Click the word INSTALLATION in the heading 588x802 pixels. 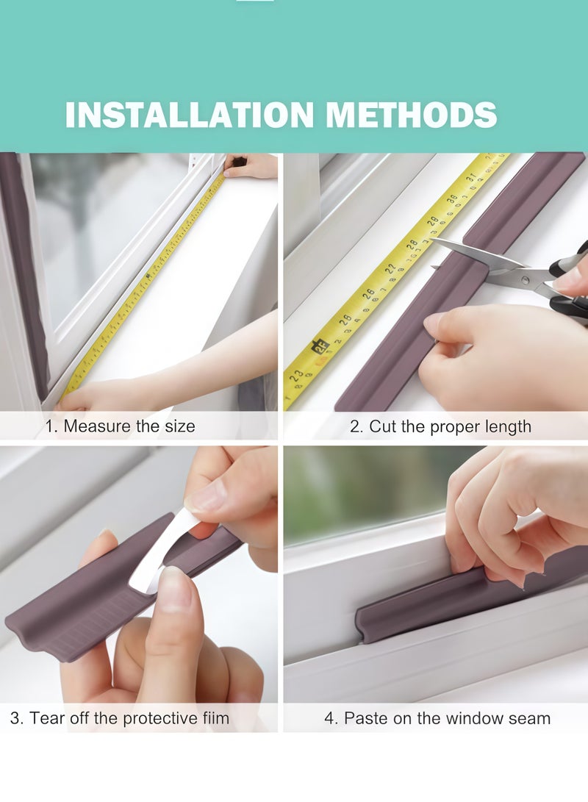click(190, 115)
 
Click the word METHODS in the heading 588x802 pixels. click(412, 115)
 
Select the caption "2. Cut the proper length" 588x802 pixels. click(440, 426)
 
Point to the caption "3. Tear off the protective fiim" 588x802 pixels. click(120, 718)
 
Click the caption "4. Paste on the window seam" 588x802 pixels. click(437, 718)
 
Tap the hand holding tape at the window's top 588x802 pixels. click(254, 167)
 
